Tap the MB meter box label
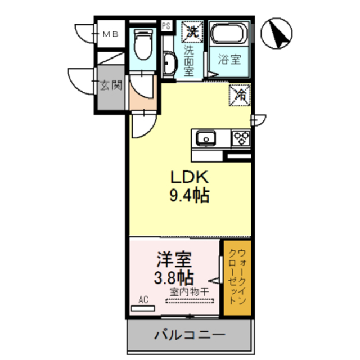(109, 34)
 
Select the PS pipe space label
(166, 26)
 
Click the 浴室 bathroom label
(230, 59)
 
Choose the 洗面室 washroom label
(189, 60)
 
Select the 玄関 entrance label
(111, 86)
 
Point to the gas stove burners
(241, 138)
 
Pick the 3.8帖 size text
(174, 277)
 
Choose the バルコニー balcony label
(190, 336)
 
